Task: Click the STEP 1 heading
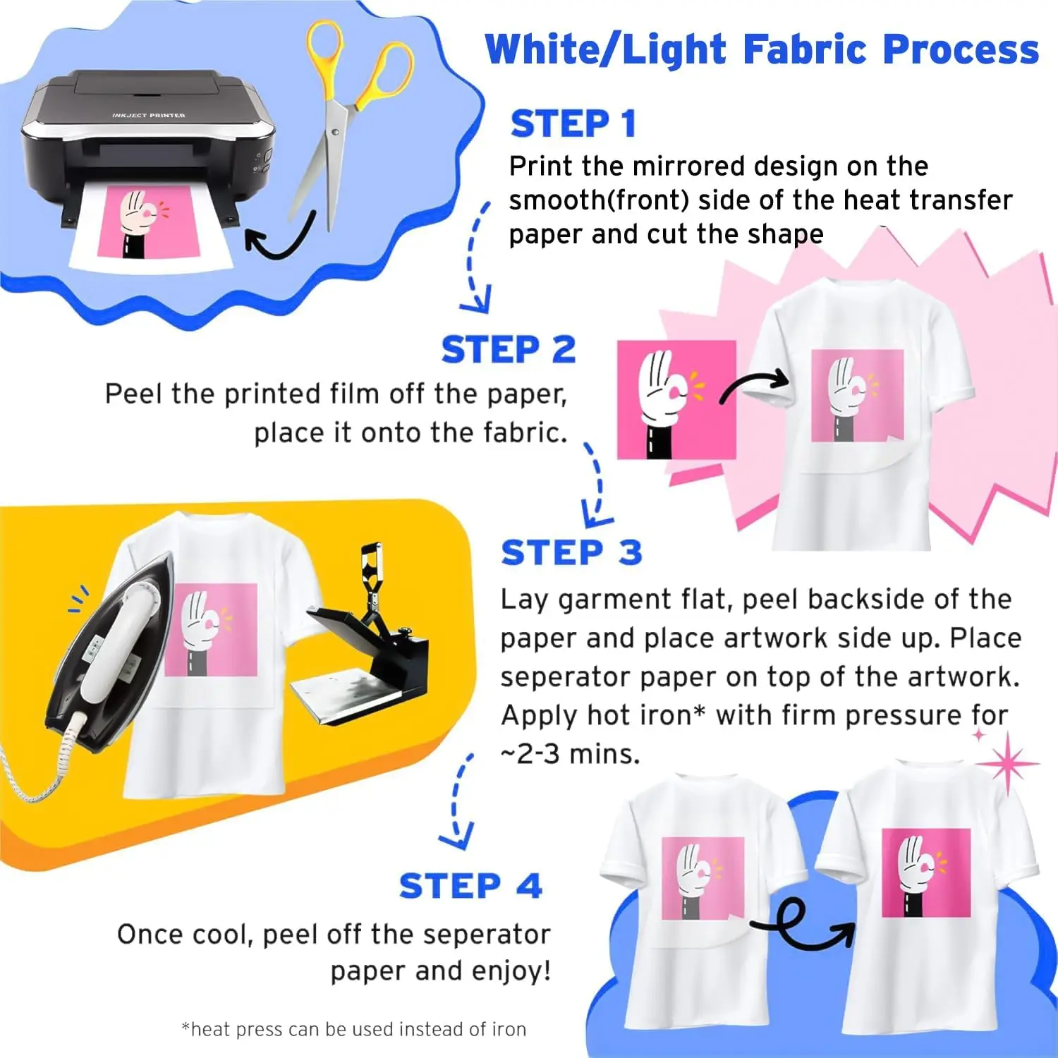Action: pos(573,124)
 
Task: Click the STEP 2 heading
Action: pos(508,350)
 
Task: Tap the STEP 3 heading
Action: pos(571,552)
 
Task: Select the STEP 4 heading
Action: pos(470,886)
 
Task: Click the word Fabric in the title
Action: pos(804,49)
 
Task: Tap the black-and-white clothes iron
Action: pos(106,656)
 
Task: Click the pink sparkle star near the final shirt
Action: pos(1007,763)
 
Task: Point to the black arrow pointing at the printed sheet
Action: pos(279,240)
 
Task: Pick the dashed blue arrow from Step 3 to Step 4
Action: pos(458,801)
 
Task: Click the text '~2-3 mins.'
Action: pos(570,754)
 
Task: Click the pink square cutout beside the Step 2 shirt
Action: pos(676,399)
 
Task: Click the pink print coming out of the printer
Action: pos(145,222)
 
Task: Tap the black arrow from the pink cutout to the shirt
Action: pos(755,384)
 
